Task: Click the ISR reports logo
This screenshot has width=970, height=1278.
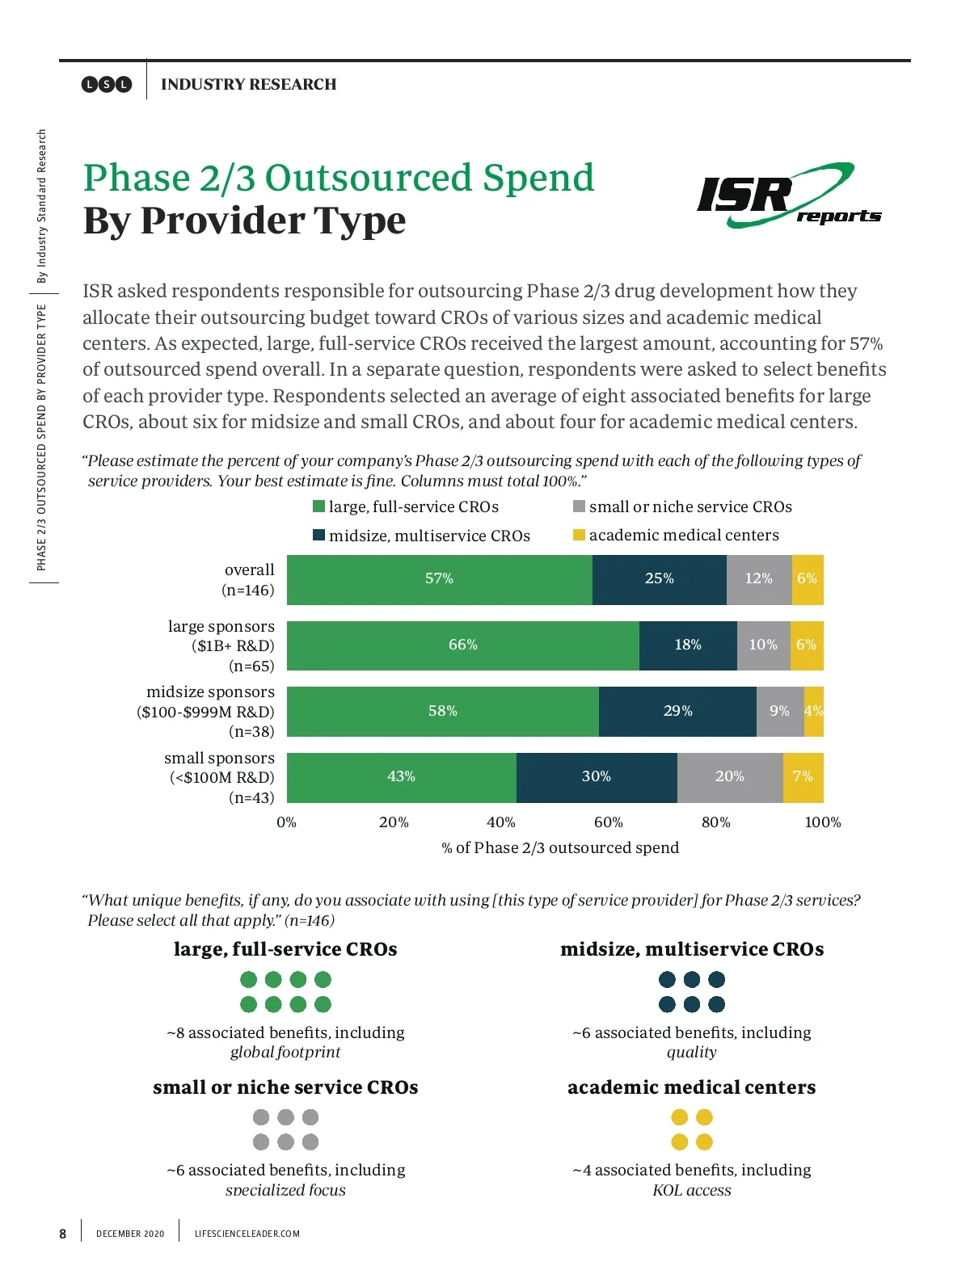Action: (787, 196)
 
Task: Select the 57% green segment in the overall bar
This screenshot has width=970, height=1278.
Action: (439, 579)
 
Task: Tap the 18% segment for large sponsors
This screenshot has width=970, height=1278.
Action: (687, 645)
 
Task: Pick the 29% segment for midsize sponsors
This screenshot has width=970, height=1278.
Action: (677, 711)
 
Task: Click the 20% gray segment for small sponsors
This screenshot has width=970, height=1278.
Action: (729, 776)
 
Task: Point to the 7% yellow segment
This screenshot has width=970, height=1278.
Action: (803, 776)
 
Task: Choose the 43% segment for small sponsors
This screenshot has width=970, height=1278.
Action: (401, 776)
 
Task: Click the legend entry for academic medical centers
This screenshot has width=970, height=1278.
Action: (676, 535)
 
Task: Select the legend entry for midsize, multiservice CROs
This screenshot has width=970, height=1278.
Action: (421, 536)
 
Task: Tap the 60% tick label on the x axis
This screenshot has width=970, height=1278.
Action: (608, 822)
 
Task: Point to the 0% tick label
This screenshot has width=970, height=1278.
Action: (286, 822)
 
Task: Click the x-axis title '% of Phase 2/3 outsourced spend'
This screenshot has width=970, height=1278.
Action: (560, 847)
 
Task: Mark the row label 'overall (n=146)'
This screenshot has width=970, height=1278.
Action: (248, 580)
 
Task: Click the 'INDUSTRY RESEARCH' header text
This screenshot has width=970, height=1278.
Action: (248, 84)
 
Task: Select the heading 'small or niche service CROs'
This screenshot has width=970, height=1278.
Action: (285, 1087)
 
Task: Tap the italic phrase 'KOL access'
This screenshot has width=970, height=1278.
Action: (691, 1190)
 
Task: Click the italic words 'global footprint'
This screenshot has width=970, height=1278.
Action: (285, 1052)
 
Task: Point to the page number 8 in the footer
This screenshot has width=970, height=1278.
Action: (63, 1234)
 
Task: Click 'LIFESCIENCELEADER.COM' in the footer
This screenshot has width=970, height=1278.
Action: (247, 1234)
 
